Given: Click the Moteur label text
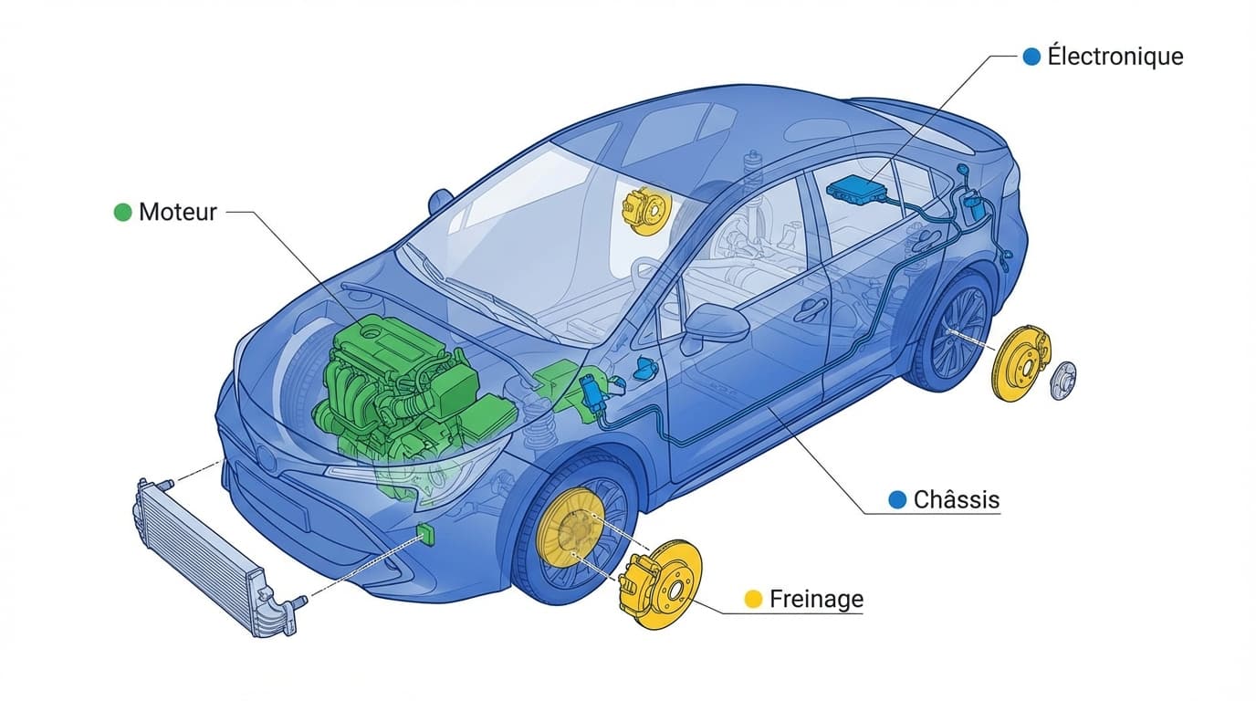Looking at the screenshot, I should tap(177, 213).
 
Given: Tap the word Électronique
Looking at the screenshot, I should tap(1115, 57).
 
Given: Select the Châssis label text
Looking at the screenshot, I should tap(957, 500).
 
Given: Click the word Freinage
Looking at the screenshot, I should tap(816, 599).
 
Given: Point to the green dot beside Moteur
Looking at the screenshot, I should tap(122, 213).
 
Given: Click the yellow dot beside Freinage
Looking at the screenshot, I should tap(753, 599).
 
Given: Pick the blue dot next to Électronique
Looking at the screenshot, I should tap(1031, 57).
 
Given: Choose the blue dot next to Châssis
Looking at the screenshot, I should tap(897, 500).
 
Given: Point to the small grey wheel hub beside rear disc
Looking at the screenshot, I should tap(1063, 380).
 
